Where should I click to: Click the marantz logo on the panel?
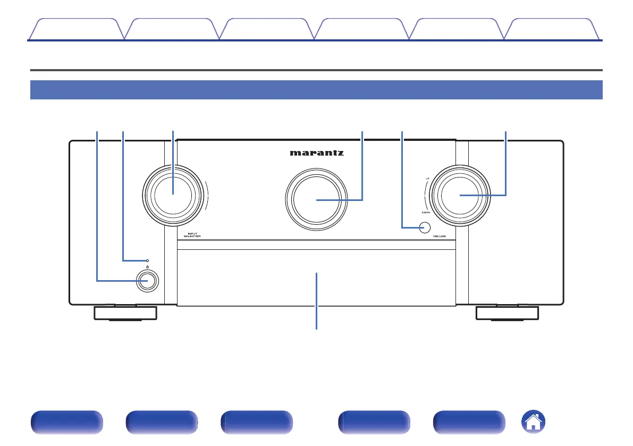click(317, 153)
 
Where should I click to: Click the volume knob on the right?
click(460, 195)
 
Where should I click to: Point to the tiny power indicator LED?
click(148, 260)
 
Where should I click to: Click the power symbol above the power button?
click(148, 267)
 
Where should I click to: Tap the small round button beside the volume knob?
click(424, 228)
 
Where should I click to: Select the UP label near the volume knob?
click(427, 179)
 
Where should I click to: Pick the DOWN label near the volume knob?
click(426, 212)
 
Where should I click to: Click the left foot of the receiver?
click(125, 313)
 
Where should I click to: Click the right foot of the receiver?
click(507, 313)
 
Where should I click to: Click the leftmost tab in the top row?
click(76, 29)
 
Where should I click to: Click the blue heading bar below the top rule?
click(316, 90)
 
